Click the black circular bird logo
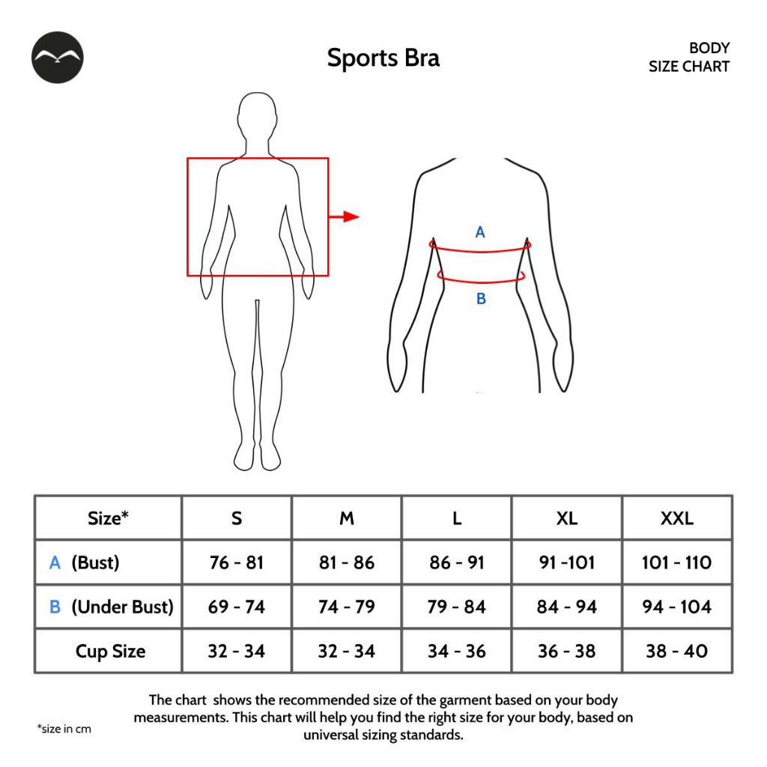pos(58,58)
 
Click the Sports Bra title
pos(383,58)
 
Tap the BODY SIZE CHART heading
pos(688,57)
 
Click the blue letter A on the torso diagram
pos(480,232)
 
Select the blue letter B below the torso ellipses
pos(481,299)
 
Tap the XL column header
pos(567,518)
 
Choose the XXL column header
pos(676,518)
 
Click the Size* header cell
pos(108,518)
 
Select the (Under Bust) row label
pos(121,607)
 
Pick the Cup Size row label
pos(110,652)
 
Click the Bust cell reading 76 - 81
pos(237,563)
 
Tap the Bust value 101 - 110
pos(676,563)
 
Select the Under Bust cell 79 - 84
pos(457,607)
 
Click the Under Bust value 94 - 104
pos(676,607)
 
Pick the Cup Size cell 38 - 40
pos(676,652)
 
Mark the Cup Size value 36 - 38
pos(567,652)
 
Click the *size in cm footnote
pos(64,729)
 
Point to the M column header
pos(347,518)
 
